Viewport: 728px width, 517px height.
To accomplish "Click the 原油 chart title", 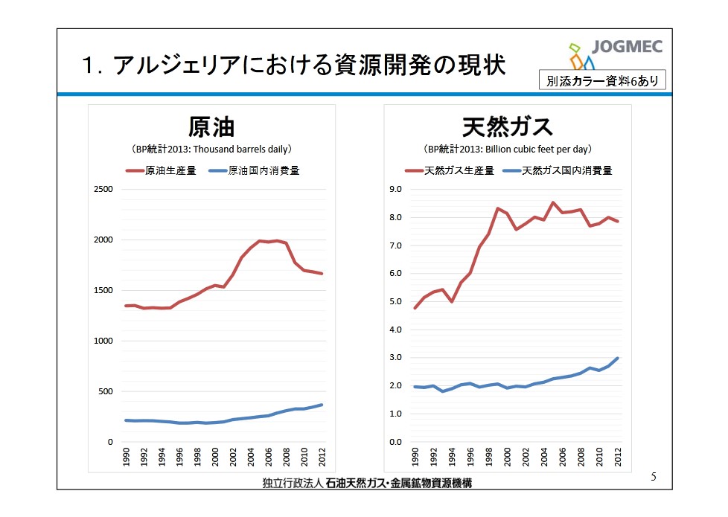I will (211, 126).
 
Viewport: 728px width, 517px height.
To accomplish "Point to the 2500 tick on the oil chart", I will (103, 189).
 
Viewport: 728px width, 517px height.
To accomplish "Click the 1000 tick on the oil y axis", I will (103, 341).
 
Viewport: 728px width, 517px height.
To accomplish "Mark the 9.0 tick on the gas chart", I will (396, 189).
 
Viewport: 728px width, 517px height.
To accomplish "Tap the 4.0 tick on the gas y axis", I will (396, 330).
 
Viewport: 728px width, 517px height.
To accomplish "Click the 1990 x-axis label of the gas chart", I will (415, 456).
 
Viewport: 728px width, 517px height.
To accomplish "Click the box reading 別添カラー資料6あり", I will (602, 80).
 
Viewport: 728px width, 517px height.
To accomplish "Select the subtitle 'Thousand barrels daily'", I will (211, 149).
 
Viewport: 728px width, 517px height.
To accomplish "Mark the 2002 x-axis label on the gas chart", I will (526, 456).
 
